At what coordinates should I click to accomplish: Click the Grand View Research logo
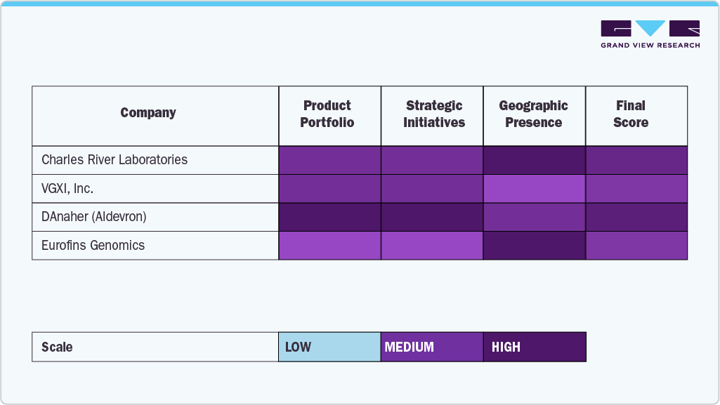point(650,34)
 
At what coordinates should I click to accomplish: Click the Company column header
point(148,113)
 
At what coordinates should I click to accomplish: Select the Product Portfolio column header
point(327,114)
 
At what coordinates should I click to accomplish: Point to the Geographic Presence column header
point(533,114)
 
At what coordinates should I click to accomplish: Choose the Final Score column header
point(630,114)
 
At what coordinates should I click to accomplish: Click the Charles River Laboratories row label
point(114,160)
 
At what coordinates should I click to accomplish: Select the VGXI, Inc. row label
point(67,189)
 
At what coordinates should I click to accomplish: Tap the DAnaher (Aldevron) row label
point(94,217)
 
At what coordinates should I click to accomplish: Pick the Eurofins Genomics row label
point(93,246)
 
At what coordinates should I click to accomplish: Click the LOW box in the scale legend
point(329,347)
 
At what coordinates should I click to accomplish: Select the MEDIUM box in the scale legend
point(432,347)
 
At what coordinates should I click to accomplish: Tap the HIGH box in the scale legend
point(535,347)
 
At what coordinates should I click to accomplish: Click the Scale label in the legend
point(57,347)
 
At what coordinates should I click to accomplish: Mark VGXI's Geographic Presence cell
point(535,189)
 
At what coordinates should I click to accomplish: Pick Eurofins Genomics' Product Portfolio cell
point(329,246)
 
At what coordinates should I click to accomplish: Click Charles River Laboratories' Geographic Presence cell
point(535,160)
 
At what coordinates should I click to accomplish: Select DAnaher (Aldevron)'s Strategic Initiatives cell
point(432,217)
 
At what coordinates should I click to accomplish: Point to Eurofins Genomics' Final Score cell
point(636,246)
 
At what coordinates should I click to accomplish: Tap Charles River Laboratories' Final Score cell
point(636,160)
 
